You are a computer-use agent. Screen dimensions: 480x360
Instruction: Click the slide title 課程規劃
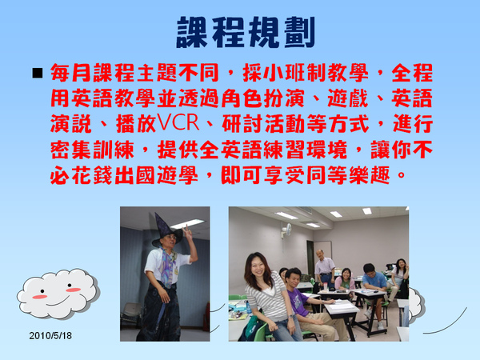[246, 32]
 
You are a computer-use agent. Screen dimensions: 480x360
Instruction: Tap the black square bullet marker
[38, 74]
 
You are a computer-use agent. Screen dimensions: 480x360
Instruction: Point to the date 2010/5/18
[50, 335]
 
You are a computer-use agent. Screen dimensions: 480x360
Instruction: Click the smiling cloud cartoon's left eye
[42, 291]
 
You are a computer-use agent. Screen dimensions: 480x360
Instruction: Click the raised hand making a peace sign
[186, 232]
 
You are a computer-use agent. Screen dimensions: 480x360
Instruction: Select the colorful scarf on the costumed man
[167, 266]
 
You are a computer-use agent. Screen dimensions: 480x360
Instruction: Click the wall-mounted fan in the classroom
[287, 229]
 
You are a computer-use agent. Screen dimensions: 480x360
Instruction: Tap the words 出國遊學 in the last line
[156, 175]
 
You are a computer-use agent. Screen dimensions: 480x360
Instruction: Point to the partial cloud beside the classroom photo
[417, 303]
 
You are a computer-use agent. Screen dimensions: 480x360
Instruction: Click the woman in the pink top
[345, 279]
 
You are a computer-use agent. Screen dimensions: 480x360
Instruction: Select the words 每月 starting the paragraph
[71, 73]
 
